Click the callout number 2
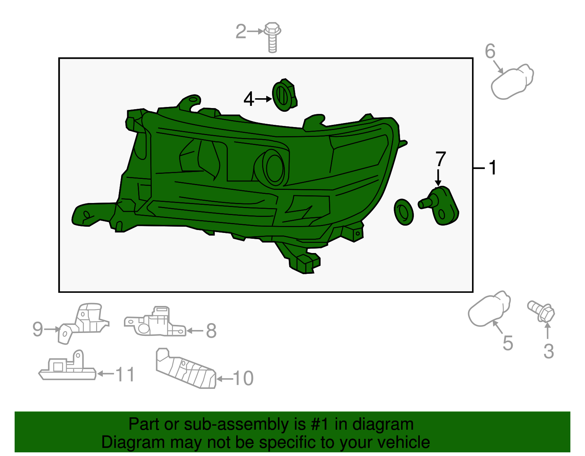[x=241, y=31]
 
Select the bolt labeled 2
[x=272, y=37]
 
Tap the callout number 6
[x=490, y=51]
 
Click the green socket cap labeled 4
[x=284, y=95]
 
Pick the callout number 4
[x=249, y=99]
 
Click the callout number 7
[x=441, y=159]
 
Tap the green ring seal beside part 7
[x=404, y=212]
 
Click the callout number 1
[x=492, y=168]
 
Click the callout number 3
[x=549, y=351]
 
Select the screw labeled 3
[x=541, y=311]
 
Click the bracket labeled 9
[x=83, y=323]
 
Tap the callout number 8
[x=211, y=330]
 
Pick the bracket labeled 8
[x=155, y=321]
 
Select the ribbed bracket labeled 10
[x=186, y=368]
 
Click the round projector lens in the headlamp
[x=274, y=167]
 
